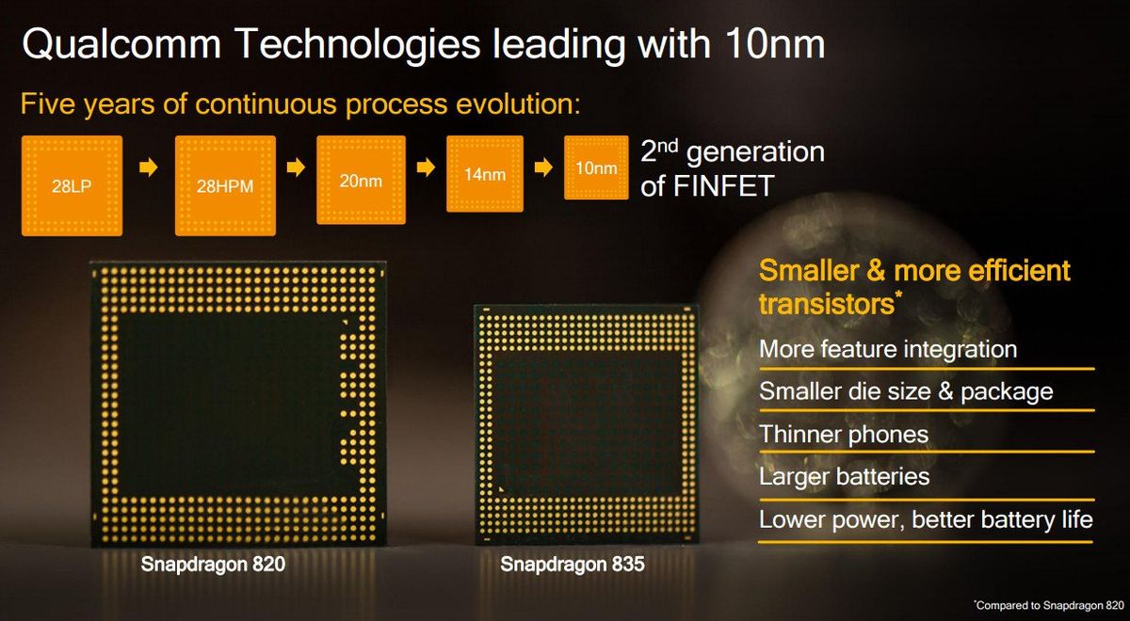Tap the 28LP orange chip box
coord(72,184)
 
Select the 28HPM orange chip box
coord(225,184)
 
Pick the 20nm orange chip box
coord(361,179)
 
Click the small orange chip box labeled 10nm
coord(595,168)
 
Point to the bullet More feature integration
coord(888,350)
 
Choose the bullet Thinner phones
coord(844,435)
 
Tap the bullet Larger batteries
coord(845,477)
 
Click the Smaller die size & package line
coord(906,391)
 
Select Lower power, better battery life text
coord(926,519)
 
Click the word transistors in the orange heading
coord(824,304)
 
